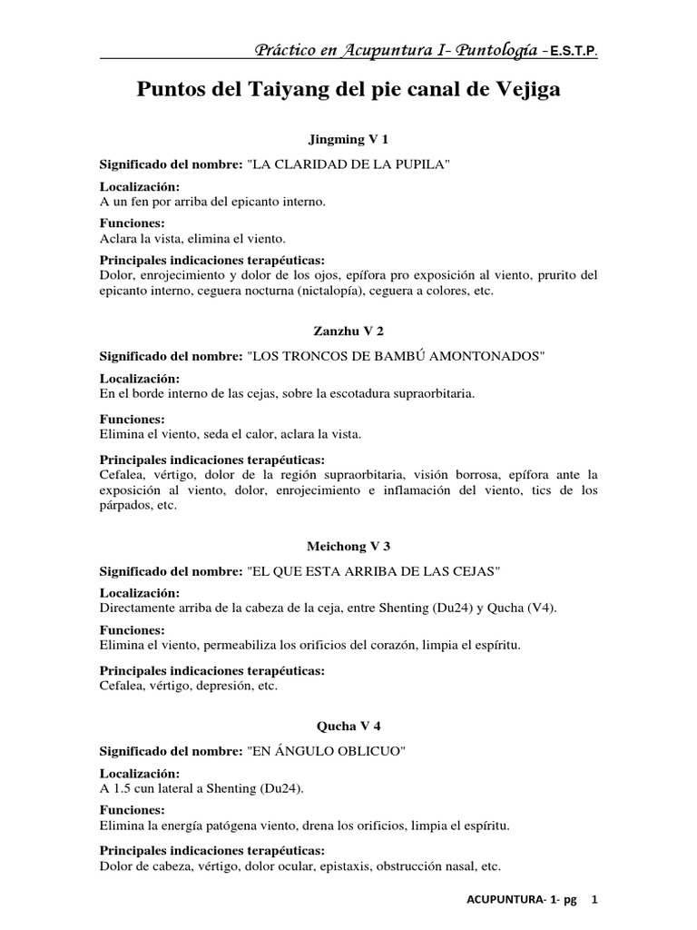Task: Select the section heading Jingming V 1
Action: tap(348, 140)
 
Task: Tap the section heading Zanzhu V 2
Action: tap(348, 331)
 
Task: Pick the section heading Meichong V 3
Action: tap(348, 546)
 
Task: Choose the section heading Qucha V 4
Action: tap(348, 727)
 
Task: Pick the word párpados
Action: tap(125, 506)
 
